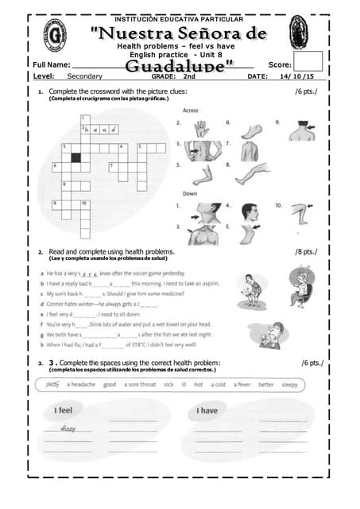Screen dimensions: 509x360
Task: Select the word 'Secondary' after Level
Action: (85, 76)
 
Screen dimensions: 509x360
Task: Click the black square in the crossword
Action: (76, 157)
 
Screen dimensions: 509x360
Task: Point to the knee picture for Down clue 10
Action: (298, 213)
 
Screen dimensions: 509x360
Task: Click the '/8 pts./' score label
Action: (305, 252)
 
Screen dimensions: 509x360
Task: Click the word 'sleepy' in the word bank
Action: (289, 384)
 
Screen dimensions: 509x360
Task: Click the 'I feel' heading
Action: (64, 410)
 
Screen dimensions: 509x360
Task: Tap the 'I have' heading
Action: (207, 410)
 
